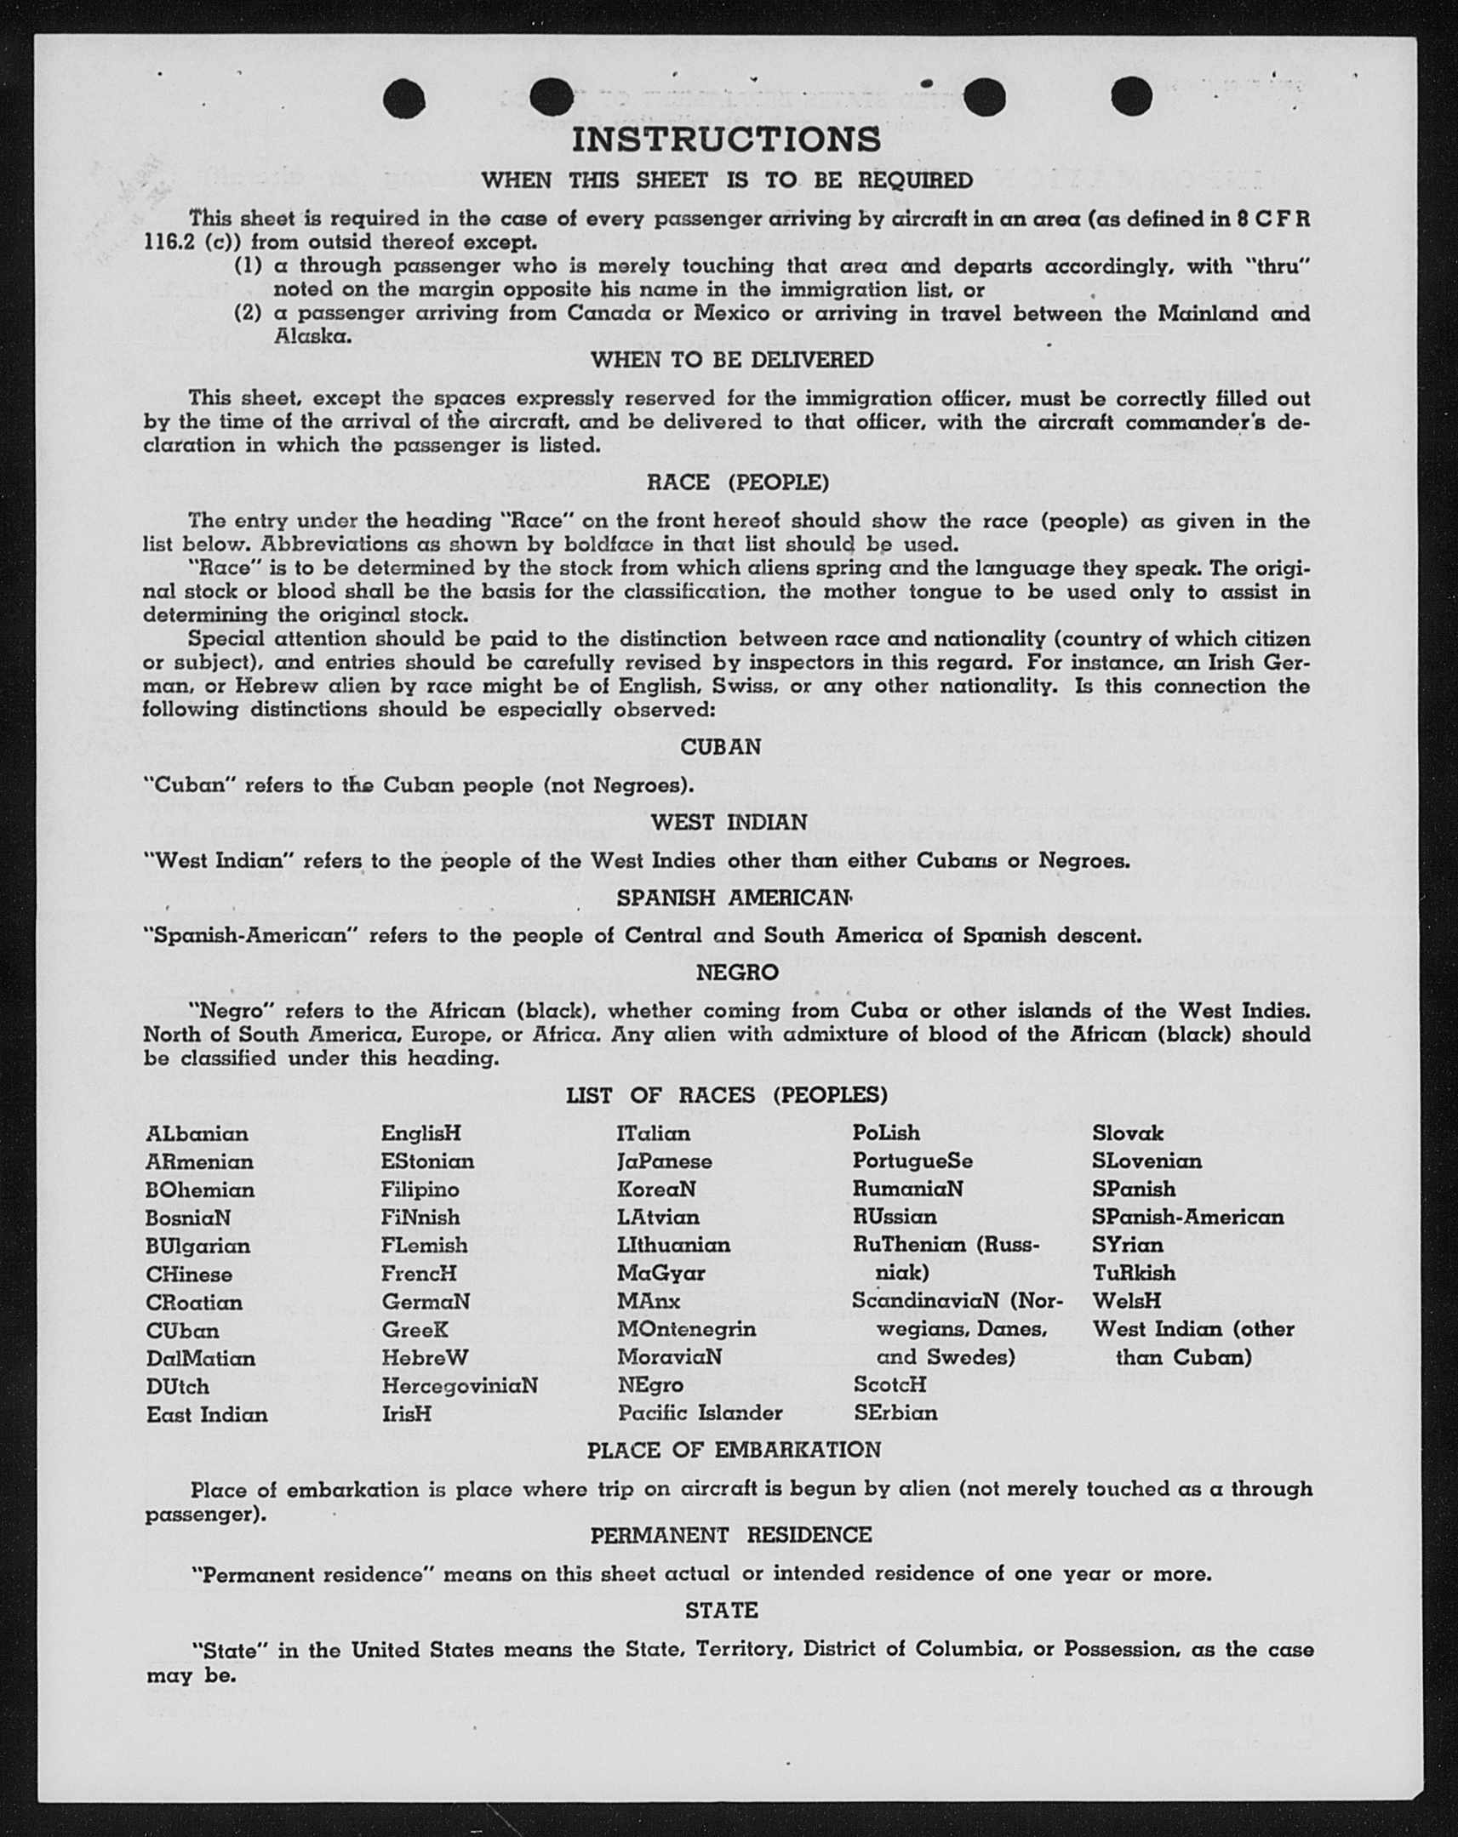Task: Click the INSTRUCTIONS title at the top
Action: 726,139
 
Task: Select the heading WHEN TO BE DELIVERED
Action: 732,360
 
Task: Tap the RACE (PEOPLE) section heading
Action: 737,482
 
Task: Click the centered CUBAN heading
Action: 720,746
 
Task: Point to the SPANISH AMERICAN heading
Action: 734,898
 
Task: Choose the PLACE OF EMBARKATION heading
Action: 734,1449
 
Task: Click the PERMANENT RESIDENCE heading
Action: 731,1535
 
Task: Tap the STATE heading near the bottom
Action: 721,1610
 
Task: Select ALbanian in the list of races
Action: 197,1134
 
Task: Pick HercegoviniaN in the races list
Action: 460,1385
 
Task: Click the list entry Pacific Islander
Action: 700,1412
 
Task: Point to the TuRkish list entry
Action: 1134,1273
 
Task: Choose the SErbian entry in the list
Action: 895,1412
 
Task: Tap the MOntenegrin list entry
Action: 686,1329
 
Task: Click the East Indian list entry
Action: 207,1414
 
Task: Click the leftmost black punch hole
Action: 404,99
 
